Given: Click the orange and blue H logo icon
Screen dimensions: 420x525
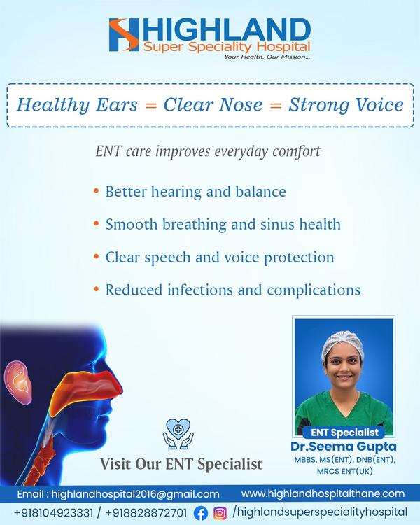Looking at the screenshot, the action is pos(124,34).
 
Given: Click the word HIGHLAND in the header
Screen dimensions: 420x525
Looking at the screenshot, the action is pos(227,31).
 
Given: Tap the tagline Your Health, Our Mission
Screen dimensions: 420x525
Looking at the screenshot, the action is pos(267,57).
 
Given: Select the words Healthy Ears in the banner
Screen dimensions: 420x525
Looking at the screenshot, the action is pos(78,105).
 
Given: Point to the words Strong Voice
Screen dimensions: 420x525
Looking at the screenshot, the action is pos(346,105).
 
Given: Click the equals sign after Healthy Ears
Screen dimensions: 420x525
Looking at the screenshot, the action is pos(150,106).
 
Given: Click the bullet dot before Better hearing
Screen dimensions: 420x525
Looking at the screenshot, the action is pos(97,191).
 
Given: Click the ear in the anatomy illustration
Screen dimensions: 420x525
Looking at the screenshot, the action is pos(17,381).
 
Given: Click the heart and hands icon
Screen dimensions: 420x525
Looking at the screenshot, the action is pos(178,433).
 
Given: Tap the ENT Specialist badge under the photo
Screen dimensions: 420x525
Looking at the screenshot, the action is pos(344,433).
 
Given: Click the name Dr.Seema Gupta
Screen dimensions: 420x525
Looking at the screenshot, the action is pos(344,447).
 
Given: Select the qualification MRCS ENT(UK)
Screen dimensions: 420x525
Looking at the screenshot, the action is pos(344,471).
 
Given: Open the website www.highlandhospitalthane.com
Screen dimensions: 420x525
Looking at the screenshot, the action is pos(323,493).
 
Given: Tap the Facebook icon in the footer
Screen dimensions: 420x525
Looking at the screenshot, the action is pos(201,513).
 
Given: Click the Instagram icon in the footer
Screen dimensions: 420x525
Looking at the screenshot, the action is pos(220,513).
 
